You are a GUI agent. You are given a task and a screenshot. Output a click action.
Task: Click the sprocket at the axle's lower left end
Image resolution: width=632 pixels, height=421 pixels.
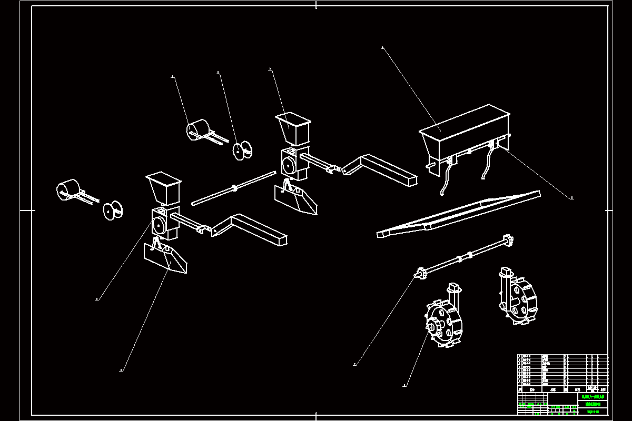click(421, 273)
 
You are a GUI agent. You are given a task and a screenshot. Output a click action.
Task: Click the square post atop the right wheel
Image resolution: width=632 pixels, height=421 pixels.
click(506, 273)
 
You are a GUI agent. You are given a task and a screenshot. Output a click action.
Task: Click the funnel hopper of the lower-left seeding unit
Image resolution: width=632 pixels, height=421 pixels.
click(164, 187)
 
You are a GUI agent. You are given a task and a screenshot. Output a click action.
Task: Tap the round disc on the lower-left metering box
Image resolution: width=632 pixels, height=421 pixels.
click(157, 226)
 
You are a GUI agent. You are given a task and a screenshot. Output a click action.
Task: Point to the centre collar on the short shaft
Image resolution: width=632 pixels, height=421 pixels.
click(234, 187)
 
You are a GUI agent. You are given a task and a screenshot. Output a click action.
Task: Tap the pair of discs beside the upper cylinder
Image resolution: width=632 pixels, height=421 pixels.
click(242, 149)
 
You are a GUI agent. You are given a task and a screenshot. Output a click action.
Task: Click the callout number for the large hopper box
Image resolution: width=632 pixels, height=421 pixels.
click(382, 48)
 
